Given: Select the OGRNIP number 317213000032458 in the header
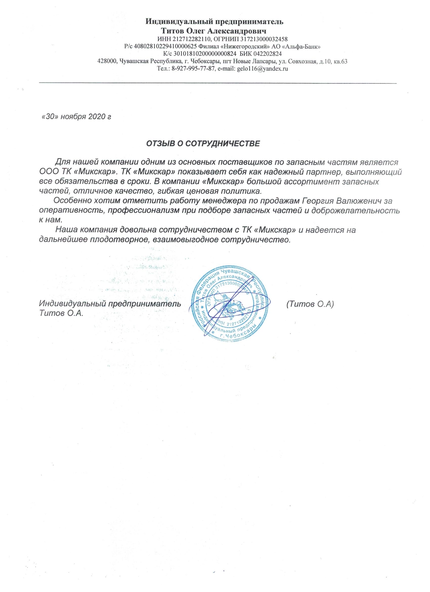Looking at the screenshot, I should [x=263, y=40].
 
